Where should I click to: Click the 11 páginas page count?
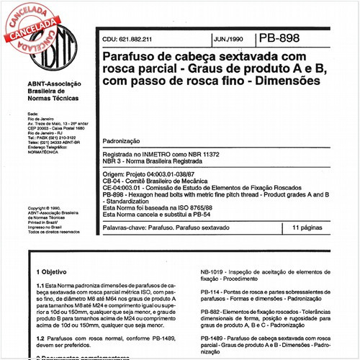click(x=310, y=228)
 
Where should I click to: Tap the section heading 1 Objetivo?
click(x=55, y=274)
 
